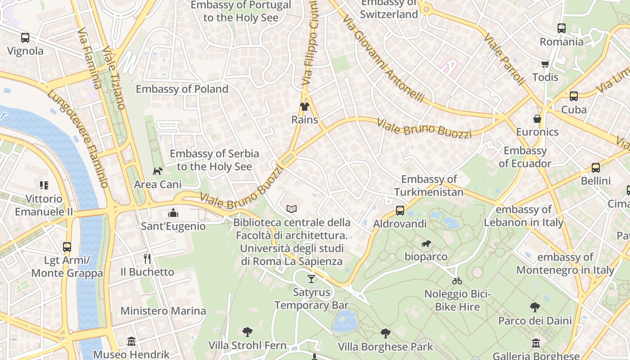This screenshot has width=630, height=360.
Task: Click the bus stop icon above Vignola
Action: click(x=25, y=38)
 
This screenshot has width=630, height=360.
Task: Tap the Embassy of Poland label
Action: click(x=182, y=89)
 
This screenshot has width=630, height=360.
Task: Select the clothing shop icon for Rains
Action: click(x=305, y=107)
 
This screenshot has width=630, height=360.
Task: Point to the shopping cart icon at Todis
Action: click(x=545, y=64)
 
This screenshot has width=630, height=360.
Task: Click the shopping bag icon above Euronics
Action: click(x=537, y=119)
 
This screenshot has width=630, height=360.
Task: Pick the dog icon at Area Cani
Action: click(x=158, y=171)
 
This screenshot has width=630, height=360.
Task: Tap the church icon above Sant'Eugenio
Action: click(x=173, y=213)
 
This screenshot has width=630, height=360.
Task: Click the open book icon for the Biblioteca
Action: click(x=292, y=209)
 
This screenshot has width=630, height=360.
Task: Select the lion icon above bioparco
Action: click(x=426, y=244)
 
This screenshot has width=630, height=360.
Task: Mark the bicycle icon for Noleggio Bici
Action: click(x=457, y=281)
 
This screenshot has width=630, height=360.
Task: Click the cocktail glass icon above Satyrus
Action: click(x=311, y=279)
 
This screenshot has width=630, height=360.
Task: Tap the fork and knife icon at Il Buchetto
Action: click(x=147, y=258)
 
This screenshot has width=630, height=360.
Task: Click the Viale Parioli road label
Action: click(x=504, y=59)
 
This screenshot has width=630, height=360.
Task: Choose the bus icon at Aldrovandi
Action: click(x=400, y=211)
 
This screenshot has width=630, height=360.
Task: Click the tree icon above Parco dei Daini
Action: click(x=535, y=308)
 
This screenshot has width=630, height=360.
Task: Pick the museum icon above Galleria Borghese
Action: click(x=535, y=343)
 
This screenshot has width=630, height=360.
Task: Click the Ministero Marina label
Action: click(x=163, y=311)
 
